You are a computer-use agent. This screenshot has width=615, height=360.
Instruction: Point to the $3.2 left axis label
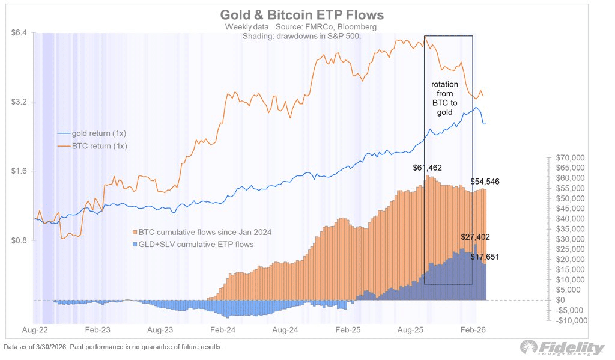(21, 102)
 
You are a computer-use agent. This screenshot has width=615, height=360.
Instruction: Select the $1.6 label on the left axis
(21, 171)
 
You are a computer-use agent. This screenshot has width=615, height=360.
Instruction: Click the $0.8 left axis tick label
(21, 240)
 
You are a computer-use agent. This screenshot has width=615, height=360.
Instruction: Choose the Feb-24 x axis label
(223, 330)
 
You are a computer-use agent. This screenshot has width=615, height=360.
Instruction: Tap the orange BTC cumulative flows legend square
(135, 232)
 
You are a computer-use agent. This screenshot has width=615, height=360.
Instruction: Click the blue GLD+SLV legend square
(135, 244)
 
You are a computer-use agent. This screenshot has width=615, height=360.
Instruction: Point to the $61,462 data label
(428, 168)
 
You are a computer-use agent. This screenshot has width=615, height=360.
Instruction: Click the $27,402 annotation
(476, 237)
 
